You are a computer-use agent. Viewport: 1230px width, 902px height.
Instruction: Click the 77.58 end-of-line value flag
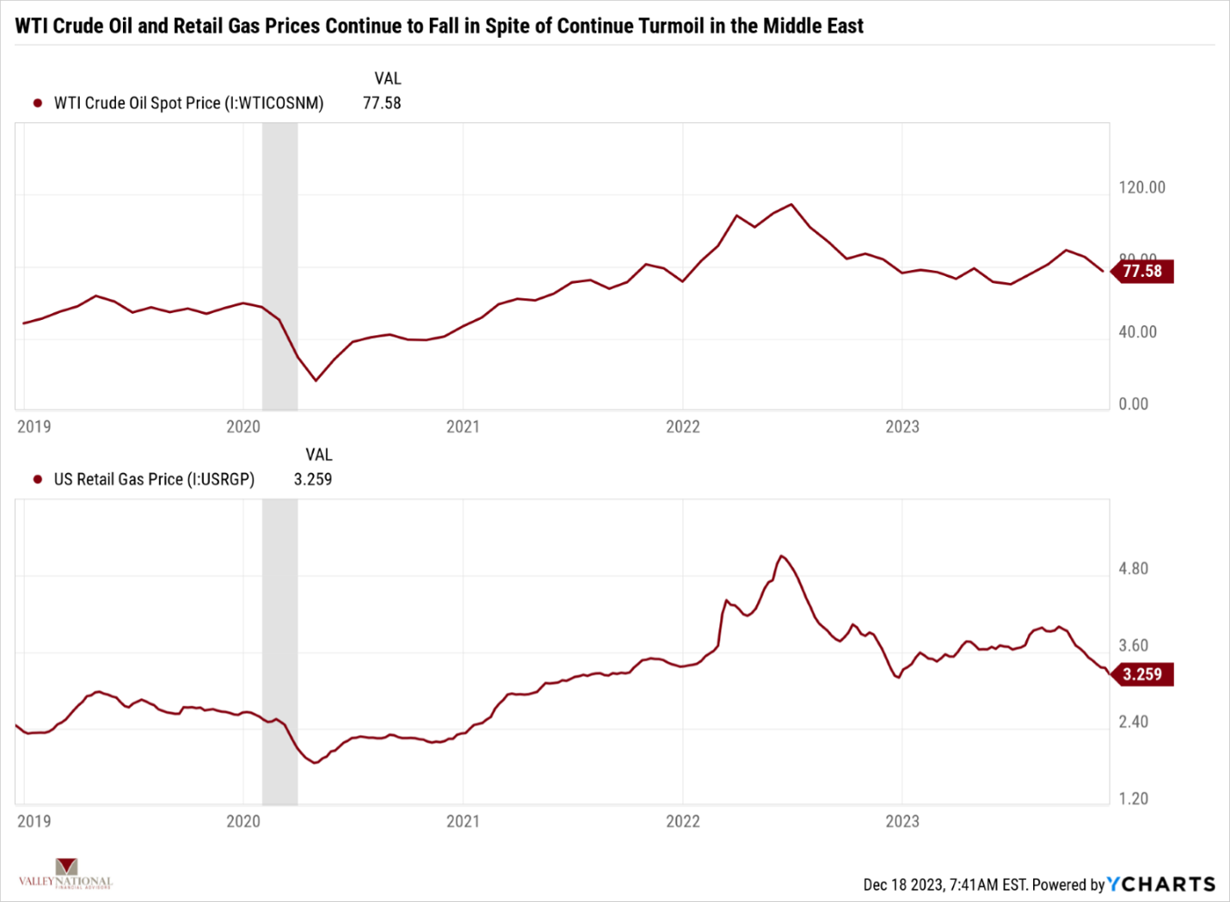click(x=1142, y=272)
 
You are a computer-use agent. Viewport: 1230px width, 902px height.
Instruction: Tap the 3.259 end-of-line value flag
click(x=1142, y=674)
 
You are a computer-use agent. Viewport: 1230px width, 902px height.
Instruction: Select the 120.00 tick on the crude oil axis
click(x=1141, y=187)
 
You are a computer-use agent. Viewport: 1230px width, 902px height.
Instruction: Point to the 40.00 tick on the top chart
click(x=1137, y=332)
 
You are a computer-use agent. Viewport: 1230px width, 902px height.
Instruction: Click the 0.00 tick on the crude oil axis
click(x=1133, y=404)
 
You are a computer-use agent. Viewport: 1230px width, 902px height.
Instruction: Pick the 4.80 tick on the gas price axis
click(x=1133, y=568)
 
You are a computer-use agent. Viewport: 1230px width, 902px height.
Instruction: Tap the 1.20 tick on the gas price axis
click(x=1133, y=799)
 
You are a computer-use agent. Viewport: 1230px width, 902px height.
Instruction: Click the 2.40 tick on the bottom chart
click(x=1133, y=721)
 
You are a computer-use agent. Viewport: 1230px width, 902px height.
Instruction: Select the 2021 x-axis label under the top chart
click(x=463, y=426)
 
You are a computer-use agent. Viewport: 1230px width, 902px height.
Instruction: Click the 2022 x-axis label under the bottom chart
click(x=683, y=821)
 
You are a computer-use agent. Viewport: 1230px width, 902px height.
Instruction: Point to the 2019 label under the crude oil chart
click(x=34, y=426)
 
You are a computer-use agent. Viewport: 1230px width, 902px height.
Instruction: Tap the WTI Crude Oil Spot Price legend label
click(x=188, y=103)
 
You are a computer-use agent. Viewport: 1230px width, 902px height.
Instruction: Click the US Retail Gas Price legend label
click(x=154, y=480)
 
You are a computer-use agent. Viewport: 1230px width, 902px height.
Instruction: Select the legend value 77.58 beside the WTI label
click(x=382, y=103)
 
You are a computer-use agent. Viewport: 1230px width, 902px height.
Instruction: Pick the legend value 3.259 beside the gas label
click(x=313, y=480)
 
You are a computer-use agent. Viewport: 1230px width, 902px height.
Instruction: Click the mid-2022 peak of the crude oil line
click(x=791, y=205)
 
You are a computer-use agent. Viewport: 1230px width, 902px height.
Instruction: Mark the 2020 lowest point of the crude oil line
click(x=316, y=380)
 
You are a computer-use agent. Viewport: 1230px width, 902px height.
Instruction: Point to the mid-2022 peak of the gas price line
click(x=781, y=555)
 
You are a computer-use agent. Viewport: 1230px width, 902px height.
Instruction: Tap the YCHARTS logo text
click(x=1161, y=884)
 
